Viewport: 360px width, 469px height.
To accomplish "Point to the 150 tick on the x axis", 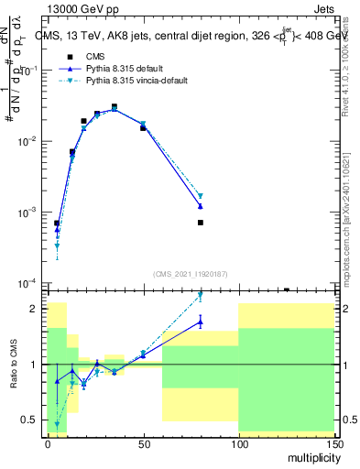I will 334,442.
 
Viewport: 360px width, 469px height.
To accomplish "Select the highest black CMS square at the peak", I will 115,107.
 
